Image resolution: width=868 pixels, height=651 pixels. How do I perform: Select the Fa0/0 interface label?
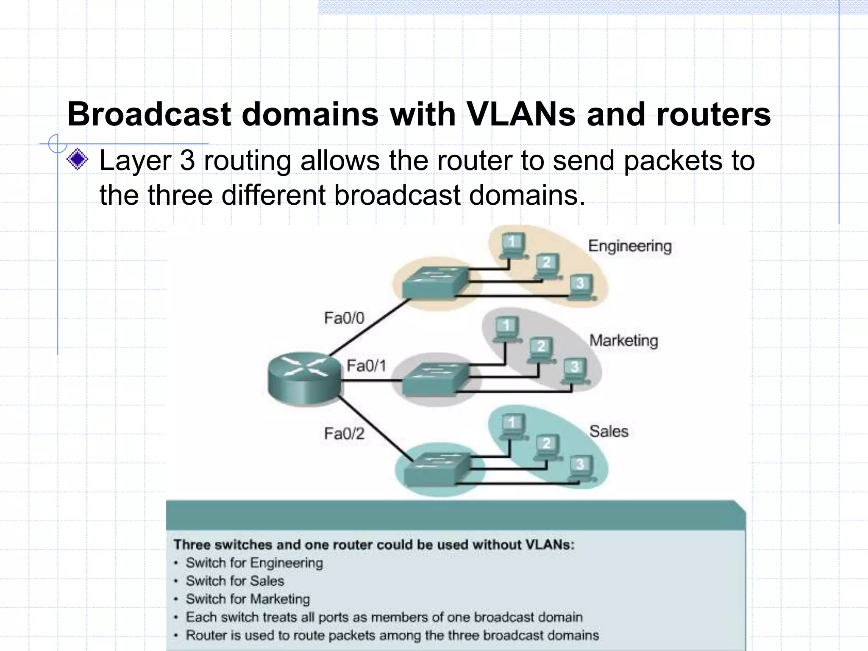coord(344,318)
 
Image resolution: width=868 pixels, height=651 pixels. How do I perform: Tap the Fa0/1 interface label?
coord(366,365)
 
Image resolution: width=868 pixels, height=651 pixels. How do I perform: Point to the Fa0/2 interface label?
coord(344,434)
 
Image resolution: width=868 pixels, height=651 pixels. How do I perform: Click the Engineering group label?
coord(630,246)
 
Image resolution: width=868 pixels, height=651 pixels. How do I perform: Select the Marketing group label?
coord(623,341)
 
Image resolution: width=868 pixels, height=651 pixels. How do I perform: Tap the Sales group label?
coord(609,431)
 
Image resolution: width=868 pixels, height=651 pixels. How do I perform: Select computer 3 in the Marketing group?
coord(575,370)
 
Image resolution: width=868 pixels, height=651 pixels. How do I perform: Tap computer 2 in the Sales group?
coord(547,447)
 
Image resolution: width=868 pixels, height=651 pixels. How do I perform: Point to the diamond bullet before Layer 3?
coord(78,160)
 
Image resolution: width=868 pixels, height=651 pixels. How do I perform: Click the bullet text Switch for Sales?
coord(234,581)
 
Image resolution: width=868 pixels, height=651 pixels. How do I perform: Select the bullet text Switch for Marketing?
coord(248,599)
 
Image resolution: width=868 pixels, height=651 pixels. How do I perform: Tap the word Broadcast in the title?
coord(149,114)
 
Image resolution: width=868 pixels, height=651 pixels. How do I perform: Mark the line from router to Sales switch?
coord(375,428)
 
